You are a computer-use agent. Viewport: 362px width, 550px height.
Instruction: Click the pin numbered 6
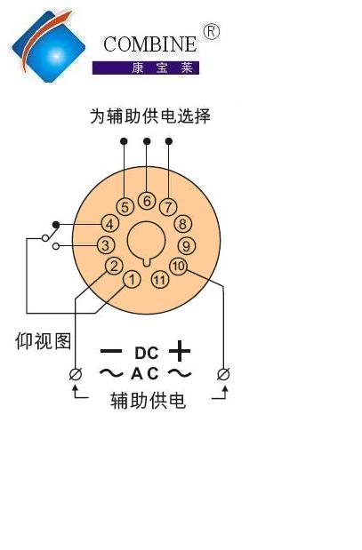coord(147,201)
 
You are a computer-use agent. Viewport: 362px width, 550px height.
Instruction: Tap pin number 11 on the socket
coord(160,280)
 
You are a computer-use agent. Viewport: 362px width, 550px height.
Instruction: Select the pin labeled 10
coord(179,266)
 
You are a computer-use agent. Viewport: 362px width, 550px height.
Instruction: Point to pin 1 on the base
coord(132,280)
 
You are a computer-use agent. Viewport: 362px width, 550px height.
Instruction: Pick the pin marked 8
coord(182,224)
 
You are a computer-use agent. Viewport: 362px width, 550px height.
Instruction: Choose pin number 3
coord(105,245)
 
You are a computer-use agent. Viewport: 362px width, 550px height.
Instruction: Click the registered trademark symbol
coord(211,32)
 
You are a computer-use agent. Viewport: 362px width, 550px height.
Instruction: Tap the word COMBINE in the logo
coord(150,44)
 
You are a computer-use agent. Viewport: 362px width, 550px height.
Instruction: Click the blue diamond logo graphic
coord(49,46)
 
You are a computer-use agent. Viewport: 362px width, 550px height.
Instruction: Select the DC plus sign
coord(180,351)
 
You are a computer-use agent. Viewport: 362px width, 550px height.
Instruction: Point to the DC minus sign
coord(111,351)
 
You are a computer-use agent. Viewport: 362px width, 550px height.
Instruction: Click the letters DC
coord(147,354)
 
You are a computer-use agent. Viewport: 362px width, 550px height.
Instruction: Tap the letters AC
coord(145,373)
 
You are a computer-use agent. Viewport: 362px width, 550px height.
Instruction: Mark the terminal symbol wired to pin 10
coord(223,374)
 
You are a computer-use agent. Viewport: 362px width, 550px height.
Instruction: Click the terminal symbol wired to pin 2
coord(76,374)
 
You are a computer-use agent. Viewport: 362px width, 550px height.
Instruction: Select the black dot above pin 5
coord(124,141)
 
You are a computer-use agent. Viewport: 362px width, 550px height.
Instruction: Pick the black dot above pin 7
coord(169,141)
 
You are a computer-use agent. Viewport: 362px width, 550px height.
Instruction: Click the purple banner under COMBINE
coord(146,68)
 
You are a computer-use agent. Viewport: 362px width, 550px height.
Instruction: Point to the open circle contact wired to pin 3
coord(56,246)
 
